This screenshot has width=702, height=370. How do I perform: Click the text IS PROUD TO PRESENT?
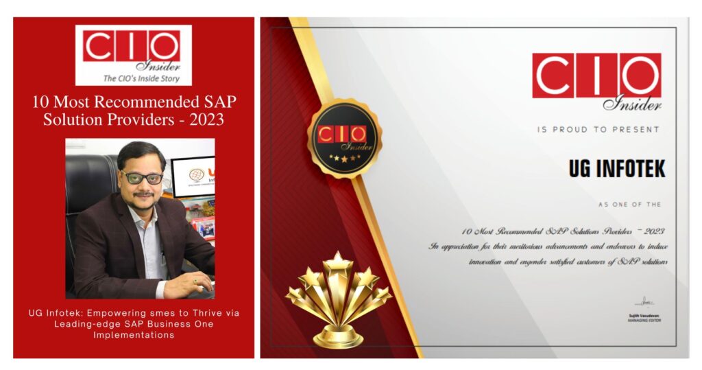click(598, 129)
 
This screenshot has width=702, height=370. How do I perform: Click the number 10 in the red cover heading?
click(41, 103)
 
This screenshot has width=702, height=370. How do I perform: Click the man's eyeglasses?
click(143, 177)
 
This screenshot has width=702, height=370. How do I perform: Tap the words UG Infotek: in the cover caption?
click(53, 314)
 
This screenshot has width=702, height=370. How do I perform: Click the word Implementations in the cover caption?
click(134, 335)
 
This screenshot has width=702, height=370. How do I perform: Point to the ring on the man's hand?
click(195, 280)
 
